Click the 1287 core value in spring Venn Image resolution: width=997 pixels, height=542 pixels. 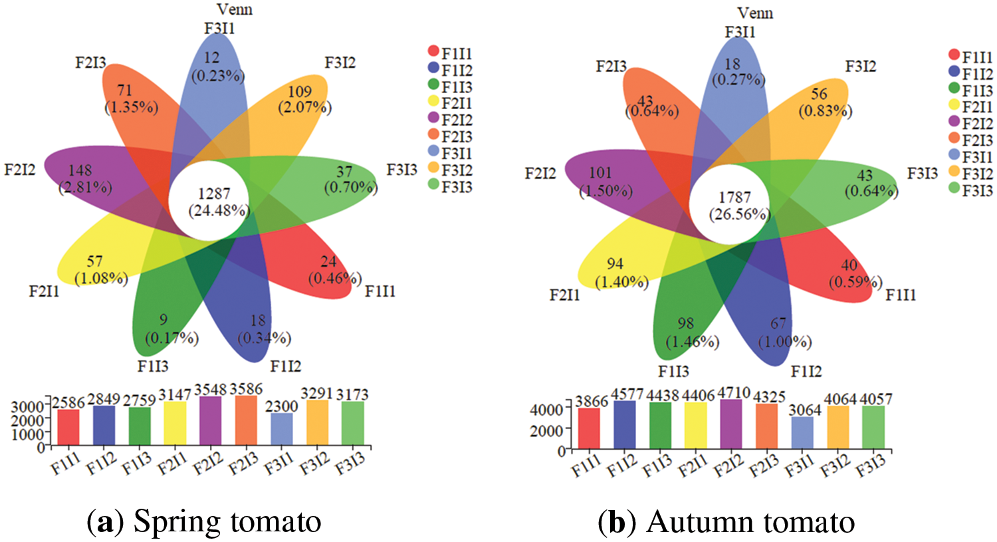(214, 194)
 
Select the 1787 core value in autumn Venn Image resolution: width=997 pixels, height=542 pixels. (734, 198)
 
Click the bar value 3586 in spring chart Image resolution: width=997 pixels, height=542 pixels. (246, 389)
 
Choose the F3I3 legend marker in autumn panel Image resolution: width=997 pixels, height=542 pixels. (954, 190)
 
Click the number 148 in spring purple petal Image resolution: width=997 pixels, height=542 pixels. (80, 171)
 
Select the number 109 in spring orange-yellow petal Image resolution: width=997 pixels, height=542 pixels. (300, 92)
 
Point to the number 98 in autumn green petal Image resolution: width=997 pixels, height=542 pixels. (685, 324)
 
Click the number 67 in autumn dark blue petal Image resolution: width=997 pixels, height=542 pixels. (778, 324)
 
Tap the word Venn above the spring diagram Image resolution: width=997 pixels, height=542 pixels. (235, 9)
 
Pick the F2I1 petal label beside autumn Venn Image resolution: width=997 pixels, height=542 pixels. (564, 295)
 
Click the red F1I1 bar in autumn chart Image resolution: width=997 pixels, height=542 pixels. (589, 428)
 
